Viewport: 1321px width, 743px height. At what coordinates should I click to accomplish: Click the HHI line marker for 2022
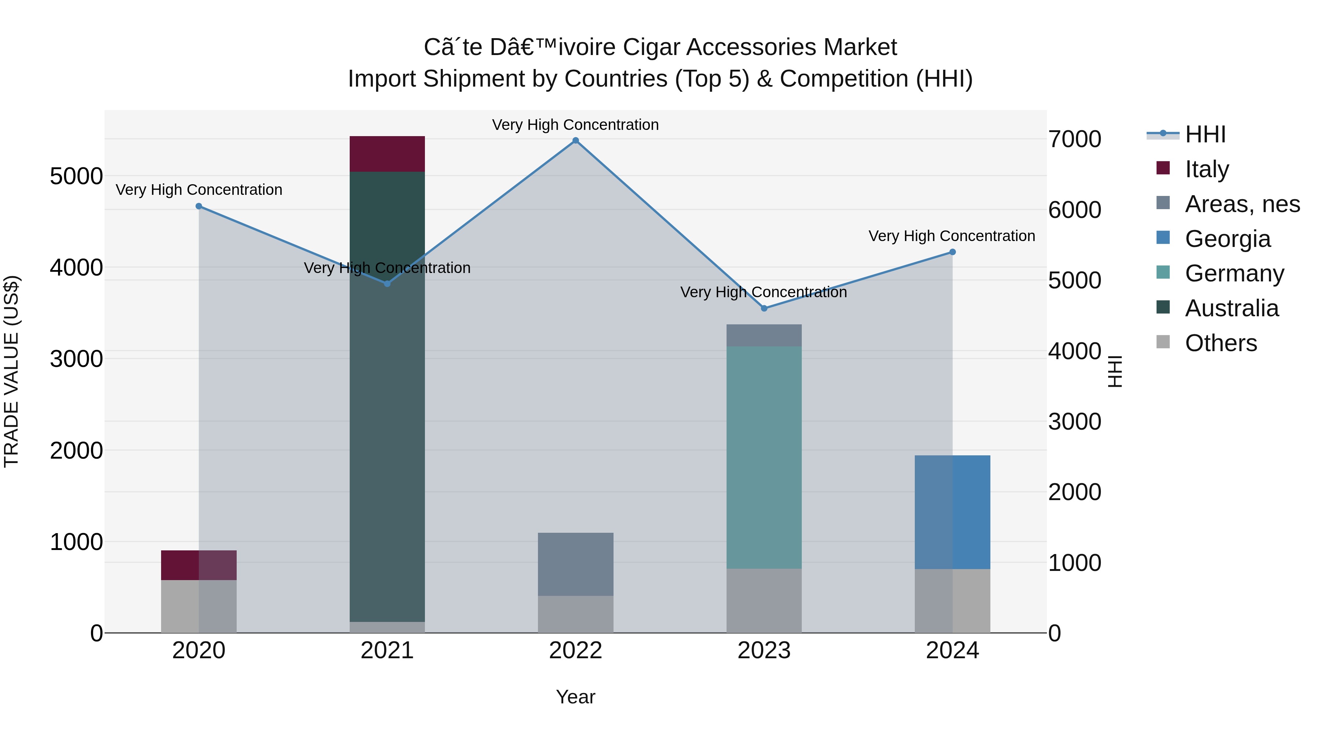575,141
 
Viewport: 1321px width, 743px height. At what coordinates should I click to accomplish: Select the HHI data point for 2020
199,206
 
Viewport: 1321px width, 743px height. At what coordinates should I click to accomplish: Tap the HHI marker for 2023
764,308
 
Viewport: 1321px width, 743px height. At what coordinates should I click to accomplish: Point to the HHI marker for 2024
952,252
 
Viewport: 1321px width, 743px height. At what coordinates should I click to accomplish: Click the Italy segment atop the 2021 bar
387,154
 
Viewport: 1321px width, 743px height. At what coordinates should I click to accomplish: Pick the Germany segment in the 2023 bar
764,456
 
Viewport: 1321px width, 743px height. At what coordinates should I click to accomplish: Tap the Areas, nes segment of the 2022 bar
575,564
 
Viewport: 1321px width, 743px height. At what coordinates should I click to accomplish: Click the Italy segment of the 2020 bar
199,565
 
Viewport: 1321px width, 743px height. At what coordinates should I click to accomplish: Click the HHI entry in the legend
1205,134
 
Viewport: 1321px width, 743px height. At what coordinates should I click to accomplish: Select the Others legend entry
1220,343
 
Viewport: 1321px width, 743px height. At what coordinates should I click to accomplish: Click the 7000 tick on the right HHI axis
1075,139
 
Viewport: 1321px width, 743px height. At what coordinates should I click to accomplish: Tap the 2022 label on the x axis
575,651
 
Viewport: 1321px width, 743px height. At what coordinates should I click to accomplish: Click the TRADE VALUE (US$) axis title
12,371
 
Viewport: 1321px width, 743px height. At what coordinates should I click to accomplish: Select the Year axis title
575,697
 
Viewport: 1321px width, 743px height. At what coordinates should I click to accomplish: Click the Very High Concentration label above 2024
952,236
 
